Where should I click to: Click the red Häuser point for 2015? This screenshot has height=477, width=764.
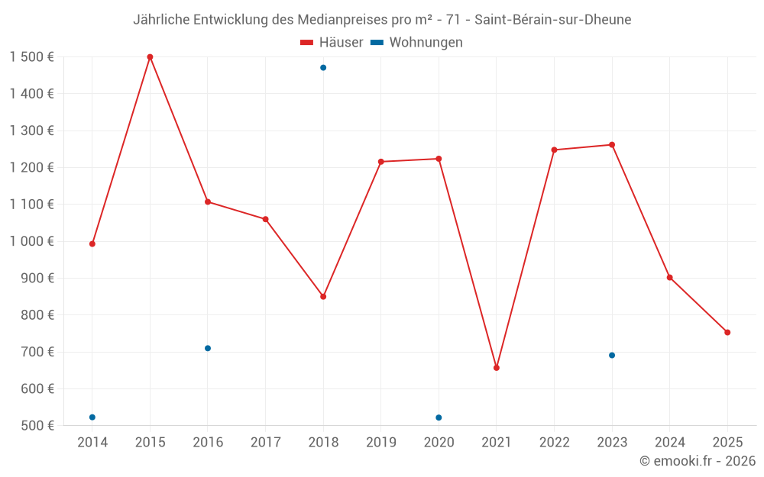(150, 57)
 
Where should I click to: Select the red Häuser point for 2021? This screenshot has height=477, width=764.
(497, 368)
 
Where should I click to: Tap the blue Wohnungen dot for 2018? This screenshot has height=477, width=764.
(323, 68)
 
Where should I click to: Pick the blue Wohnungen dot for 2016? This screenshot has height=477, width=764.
(208, 348)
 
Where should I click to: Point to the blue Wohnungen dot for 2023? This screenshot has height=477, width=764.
(612, 356)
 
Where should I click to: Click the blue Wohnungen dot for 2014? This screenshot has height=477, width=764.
(92, 417)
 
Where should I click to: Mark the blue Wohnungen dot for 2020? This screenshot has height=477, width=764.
(439, 417)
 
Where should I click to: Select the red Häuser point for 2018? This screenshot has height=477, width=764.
(323, 297)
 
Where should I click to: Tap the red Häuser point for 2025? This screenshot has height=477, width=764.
(727, 333)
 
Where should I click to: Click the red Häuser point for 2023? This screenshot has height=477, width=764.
(612, 145)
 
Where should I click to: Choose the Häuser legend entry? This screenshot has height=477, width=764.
(332, 43)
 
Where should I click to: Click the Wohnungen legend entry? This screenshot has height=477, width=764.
(417, 43)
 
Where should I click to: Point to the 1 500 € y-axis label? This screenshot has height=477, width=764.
(32, 57)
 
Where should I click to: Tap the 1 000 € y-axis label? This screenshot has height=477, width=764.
(32, 241)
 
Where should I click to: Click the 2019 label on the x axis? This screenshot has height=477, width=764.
(381, 443)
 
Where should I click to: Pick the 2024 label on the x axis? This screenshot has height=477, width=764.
(669, 443)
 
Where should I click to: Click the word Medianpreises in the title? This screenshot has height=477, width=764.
(347, 20)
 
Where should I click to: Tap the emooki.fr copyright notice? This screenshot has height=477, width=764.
(697, 461)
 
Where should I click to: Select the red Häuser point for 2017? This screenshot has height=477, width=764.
(265, 219)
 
